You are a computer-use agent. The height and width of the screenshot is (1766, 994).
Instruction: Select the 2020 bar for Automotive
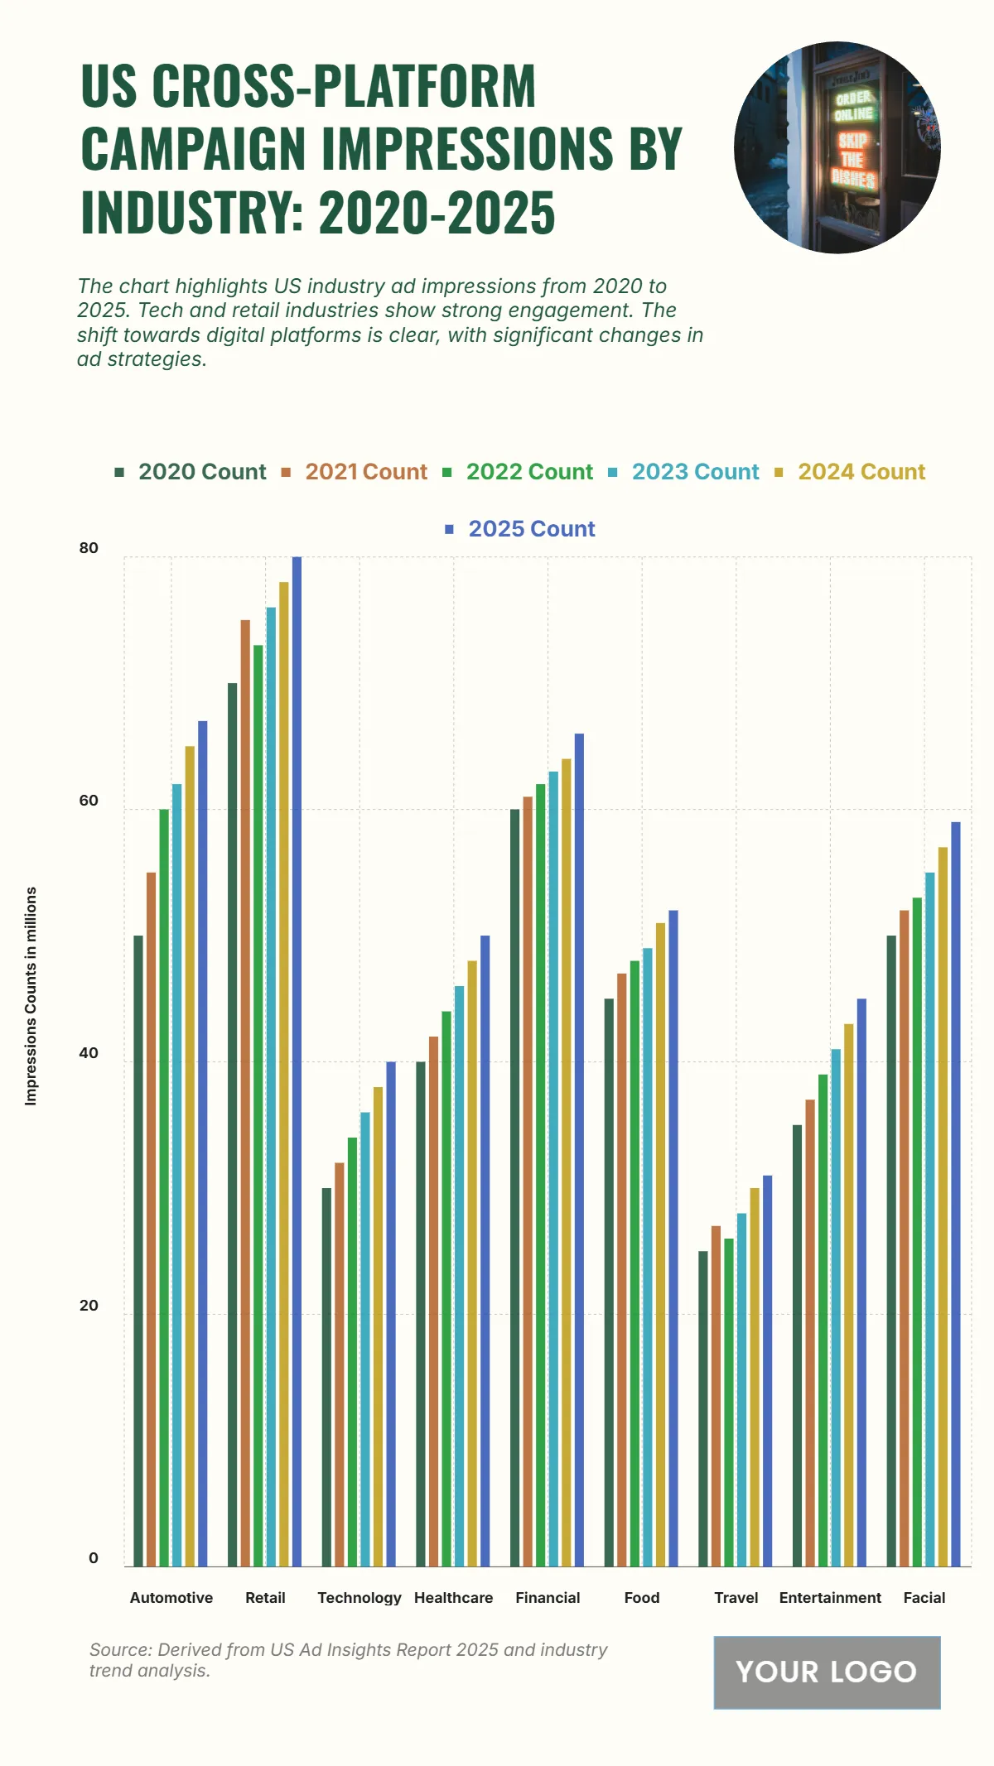click(x=138, y=1251)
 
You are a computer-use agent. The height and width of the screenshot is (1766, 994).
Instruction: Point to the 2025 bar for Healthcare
click(x=485, y=1251)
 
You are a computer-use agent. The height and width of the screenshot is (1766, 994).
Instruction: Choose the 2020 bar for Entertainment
click(x=797, y=1345)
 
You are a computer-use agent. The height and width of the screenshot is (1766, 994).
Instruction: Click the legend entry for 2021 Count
click(x=365, y=472)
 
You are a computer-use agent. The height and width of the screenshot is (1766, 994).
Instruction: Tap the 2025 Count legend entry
click(x=531, y=529)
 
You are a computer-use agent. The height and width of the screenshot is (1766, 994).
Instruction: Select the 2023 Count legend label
click(x=695, y=472)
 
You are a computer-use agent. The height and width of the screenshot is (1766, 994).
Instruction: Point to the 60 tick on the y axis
click(x=89, y=801)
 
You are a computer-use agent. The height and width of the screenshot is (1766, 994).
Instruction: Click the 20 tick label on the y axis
click(x=89, y=1306)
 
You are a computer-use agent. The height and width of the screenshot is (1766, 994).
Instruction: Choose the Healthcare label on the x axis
click(x=453, y=1598)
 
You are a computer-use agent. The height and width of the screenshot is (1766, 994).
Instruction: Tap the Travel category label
click(x=736, y=1598)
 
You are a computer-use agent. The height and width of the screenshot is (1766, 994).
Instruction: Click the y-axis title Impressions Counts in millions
click(x=31, y=996)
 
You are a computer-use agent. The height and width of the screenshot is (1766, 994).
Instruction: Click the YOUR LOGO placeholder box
click(x=827, y=1672)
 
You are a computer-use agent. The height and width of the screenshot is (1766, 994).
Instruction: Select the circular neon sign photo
click(x=837, y=147)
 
